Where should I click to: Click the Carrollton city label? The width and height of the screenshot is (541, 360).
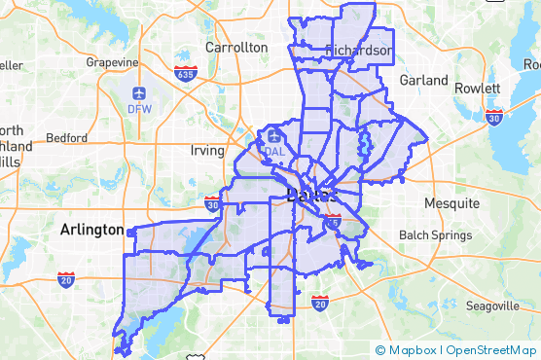[x=235, y=47]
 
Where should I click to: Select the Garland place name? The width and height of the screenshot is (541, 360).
[x=423, y=80]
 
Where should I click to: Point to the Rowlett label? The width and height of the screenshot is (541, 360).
[x=477, y=88]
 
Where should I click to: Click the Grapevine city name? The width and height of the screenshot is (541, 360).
[x=113, y=62]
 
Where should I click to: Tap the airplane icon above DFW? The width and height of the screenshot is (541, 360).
[x=139, y=92]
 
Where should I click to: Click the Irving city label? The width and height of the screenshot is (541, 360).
[x=206, y=151]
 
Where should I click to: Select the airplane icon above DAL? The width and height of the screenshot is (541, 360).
[x=274, y=135]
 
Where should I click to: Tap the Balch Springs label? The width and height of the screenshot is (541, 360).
[x=435, y=235]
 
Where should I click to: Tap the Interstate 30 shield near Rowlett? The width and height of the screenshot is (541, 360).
[x=493, y=117]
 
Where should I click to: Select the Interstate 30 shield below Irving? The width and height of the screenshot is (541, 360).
[x=212, y=204]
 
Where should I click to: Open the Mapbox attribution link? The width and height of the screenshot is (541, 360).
[x=407, y=349]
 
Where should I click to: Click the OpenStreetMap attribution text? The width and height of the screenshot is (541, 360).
[x=491, y=349]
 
